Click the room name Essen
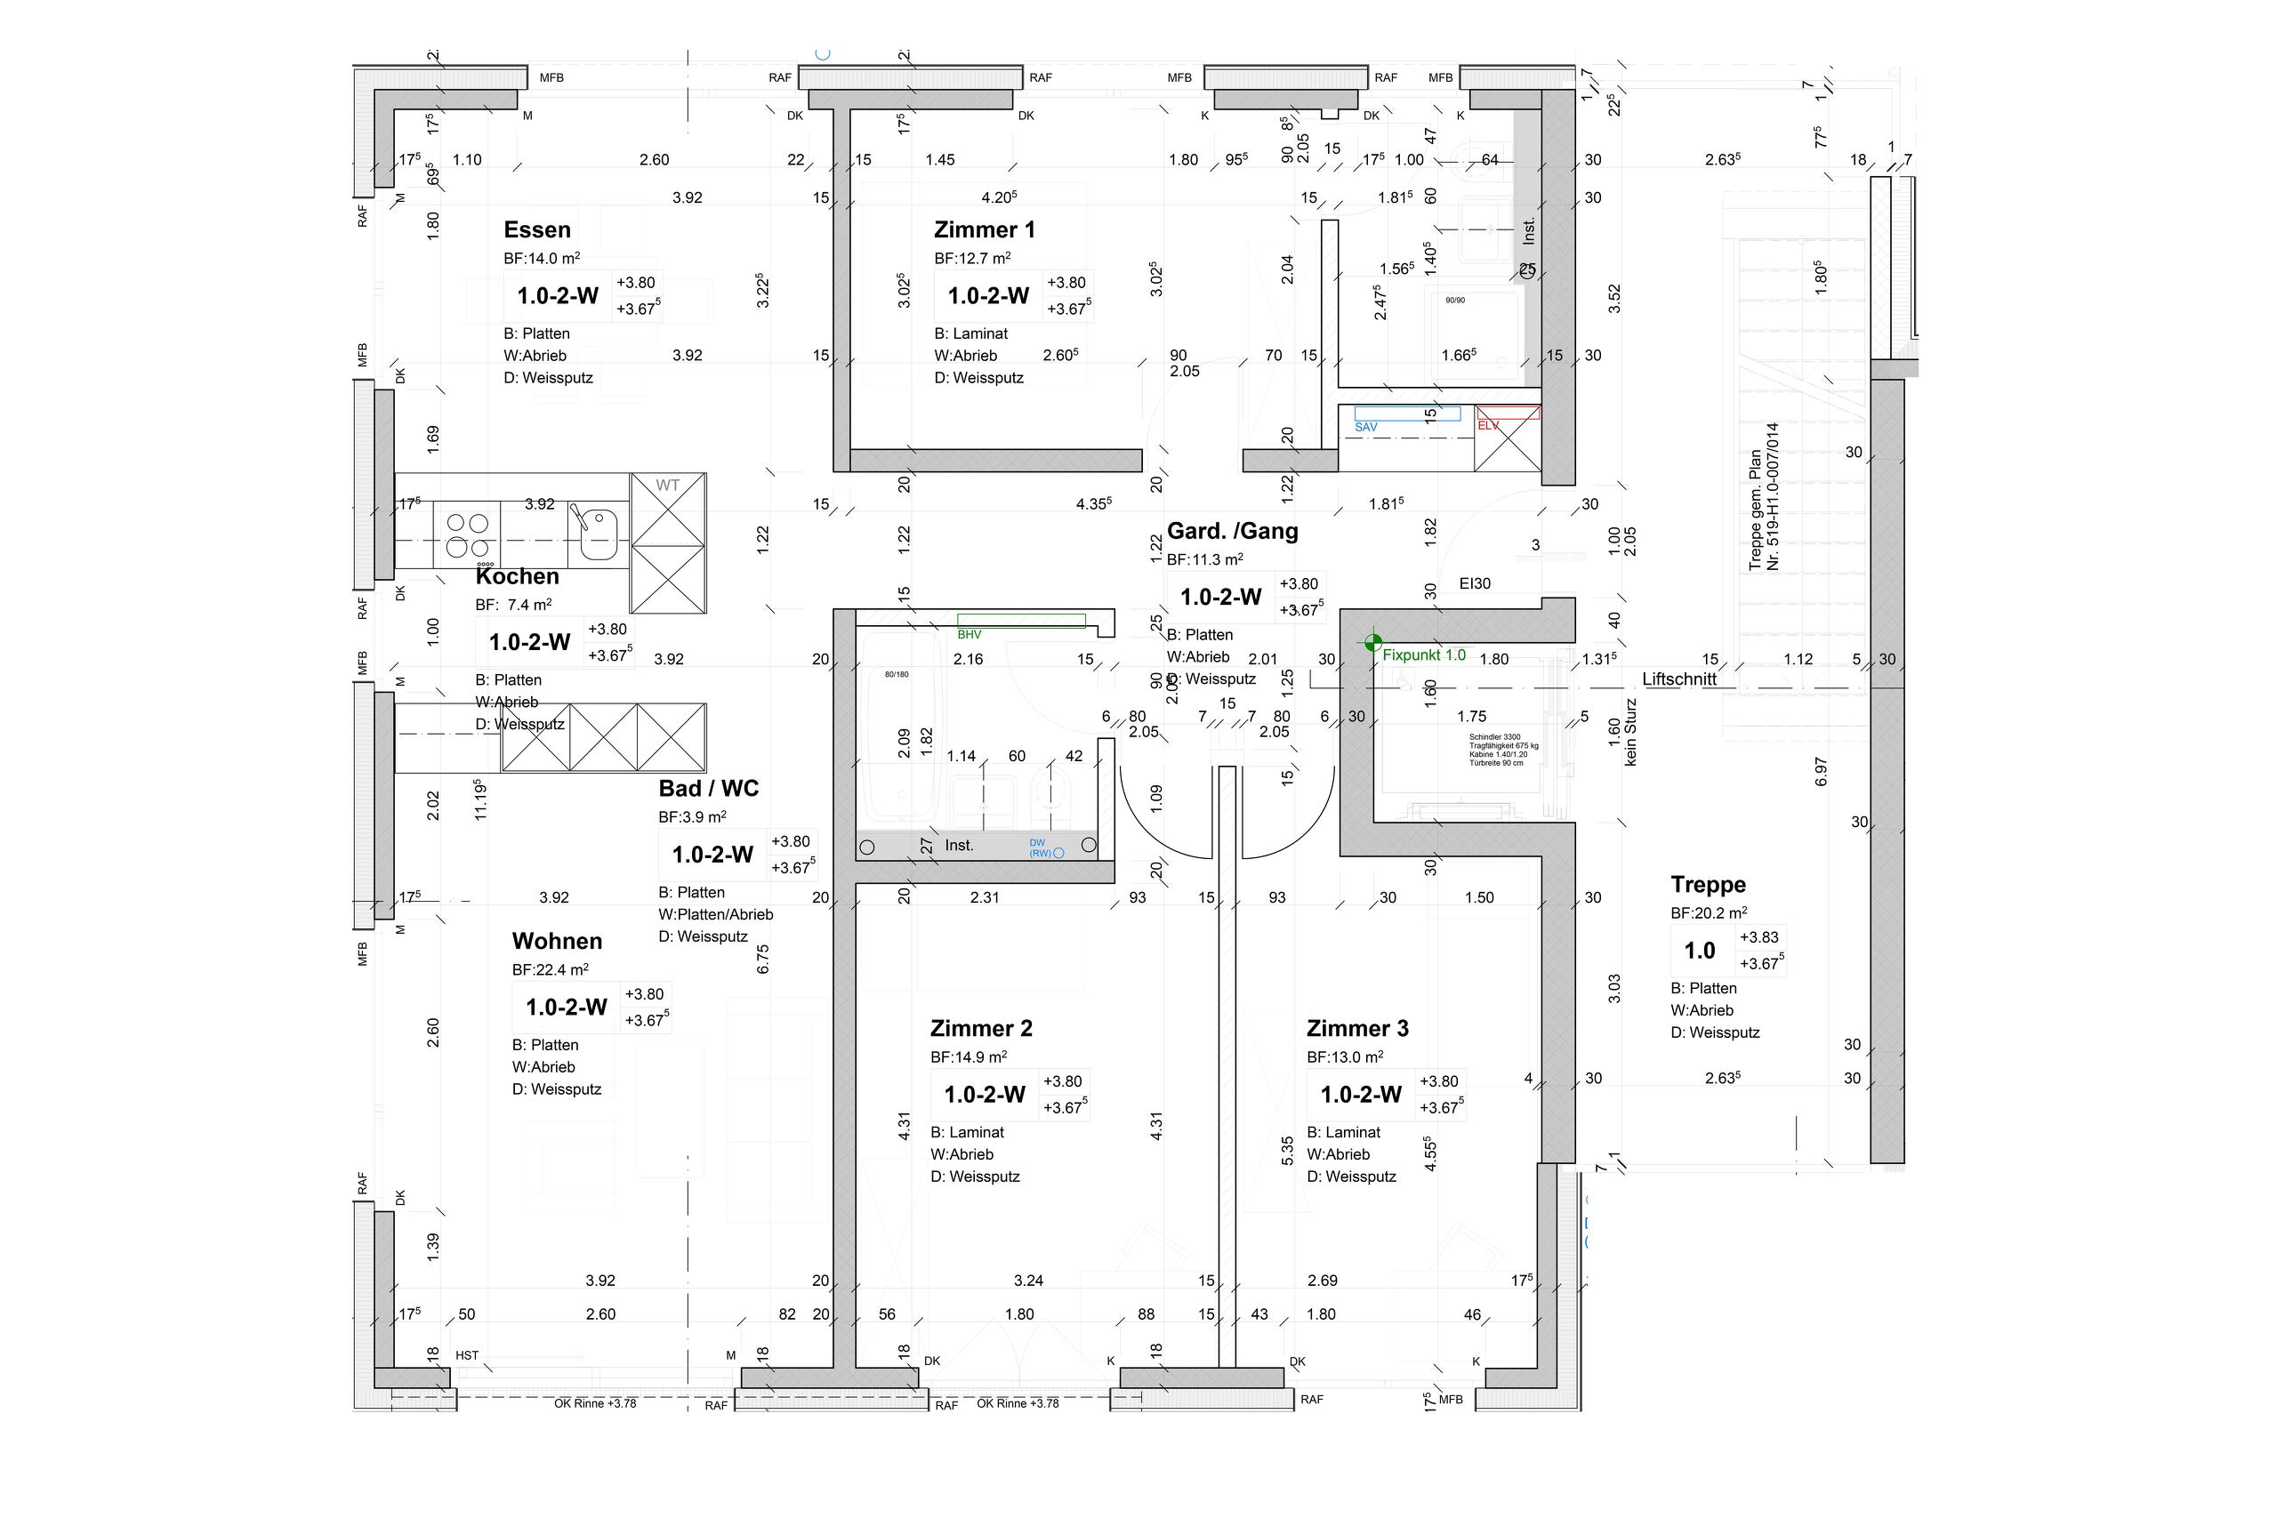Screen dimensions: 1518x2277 [x=536, y=230]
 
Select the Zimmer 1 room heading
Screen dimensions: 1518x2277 [x=984, y=230]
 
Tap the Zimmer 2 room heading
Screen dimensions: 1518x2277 [x=981, y=1028]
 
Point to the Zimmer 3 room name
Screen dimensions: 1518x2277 [x=1357, y=1028]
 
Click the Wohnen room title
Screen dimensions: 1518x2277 [x=557, y=941]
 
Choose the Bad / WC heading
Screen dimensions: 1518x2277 [x=708, y=788]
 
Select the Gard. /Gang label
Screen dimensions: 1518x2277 [x=1231, y=531]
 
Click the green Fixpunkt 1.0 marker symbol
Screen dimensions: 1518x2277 [x=1371, y=641]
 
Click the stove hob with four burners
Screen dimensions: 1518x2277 [x=467, y=536]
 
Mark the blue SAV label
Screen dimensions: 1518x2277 [x=1365, y=427]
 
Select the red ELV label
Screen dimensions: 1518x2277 [x=1487, y=426]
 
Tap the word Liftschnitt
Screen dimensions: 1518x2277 [x=1678, y=679]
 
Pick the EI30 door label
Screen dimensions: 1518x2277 [x=1475, y=583]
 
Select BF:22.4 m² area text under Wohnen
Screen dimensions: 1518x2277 [x=550, y=969]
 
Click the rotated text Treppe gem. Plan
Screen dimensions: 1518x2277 [x=1755, y=510]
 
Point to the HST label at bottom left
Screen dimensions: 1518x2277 [x=467, y=1355]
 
